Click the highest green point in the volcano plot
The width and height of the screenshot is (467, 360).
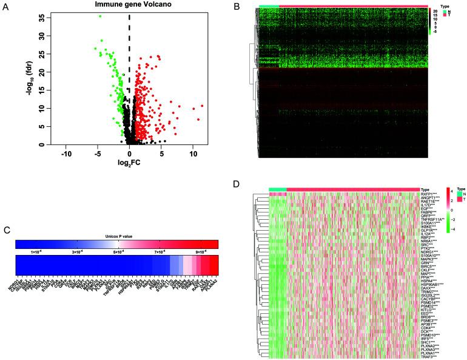[x=100, y=16]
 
